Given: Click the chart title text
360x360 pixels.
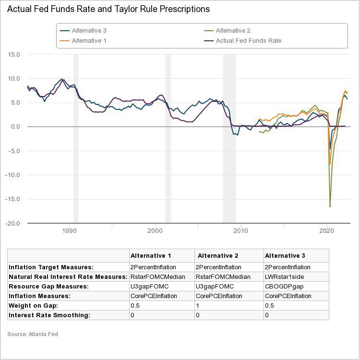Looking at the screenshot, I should (108, 9).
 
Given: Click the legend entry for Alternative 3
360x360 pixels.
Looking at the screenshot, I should (89, 31).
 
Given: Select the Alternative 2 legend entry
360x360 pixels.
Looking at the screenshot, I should (233, 31).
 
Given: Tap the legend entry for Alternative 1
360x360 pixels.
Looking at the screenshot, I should (89, 41).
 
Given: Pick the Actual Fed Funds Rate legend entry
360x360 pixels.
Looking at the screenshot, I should (248, 41).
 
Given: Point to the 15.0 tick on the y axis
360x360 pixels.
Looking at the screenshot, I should (14, 55).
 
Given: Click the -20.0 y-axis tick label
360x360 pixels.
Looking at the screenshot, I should (12, 223).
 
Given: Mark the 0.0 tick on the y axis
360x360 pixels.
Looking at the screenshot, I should (15, 127).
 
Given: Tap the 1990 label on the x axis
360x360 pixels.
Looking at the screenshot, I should (70, 231).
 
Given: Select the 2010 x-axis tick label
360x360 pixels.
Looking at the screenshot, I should (241, 231).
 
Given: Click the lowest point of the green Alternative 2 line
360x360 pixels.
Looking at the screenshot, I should (330, 206).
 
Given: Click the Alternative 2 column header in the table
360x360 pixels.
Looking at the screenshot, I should (218, 256).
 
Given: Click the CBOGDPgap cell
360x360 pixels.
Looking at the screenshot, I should (281, 287).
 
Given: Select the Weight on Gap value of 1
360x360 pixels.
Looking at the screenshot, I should (198, 306).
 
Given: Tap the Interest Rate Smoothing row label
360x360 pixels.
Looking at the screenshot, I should (49, 315).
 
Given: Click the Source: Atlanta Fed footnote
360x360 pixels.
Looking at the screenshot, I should (32, 334).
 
